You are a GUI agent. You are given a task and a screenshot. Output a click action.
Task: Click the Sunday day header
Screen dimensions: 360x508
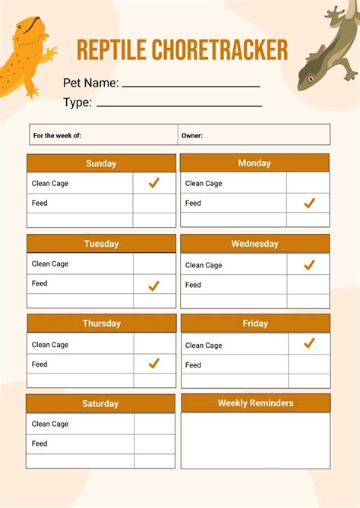click(101, 163)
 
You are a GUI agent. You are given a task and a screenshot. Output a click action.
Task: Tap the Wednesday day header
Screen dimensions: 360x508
click(254, 244)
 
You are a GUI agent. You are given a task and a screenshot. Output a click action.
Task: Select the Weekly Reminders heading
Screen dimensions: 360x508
click(255, 402)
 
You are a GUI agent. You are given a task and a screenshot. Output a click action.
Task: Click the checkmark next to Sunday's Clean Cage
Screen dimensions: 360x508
click(153, 183)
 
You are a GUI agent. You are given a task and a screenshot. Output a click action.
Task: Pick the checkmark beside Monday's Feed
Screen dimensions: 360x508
click(309, 204)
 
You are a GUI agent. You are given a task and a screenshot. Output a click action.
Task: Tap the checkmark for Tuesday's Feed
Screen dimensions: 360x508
click(153, 286)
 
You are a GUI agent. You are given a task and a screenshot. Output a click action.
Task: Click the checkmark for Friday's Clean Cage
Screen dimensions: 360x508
click(309, 344)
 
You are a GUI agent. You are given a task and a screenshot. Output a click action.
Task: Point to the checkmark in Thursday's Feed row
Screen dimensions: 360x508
click(153, 364)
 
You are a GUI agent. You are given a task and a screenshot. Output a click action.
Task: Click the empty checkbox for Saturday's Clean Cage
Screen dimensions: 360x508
click(154, 424)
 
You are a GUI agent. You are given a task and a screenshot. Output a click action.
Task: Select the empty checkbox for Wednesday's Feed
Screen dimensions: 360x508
click(308, 285)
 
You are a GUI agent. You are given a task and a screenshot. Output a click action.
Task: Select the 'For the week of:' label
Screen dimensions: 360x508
click(57, 136)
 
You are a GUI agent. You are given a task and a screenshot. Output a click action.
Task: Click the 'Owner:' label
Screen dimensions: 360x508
click(192, 136)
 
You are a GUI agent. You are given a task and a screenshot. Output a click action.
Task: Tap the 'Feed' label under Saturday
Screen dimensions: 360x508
click(39, 443)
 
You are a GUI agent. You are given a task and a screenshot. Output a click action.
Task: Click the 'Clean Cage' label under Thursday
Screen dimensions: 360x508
click(50, 345)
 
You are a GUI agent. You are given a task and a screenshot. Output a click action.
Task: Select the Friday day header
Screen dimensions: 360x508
click(255, 323)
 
